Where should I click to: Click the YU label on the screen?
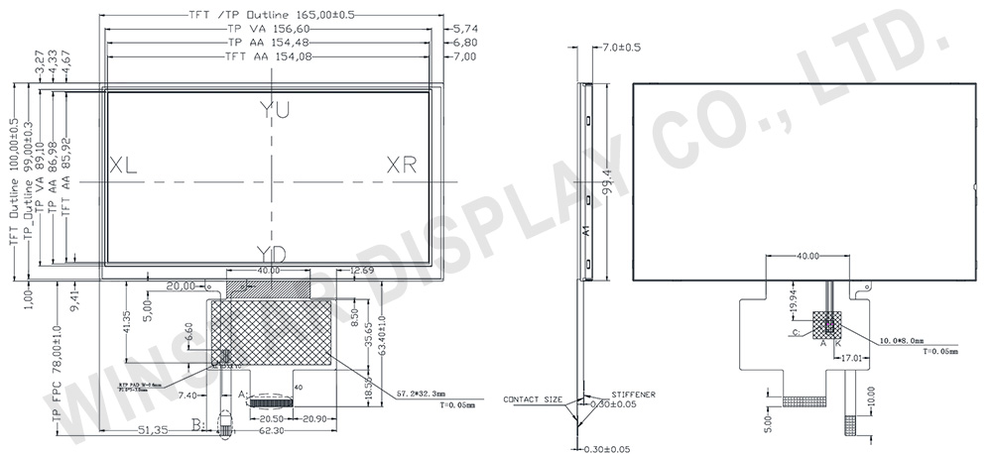pos(274,110)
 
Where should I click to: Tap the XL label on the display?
pos(123,165)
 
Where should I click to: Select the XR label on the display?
pos(402,165)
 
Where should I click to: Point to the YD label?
pos(271,255)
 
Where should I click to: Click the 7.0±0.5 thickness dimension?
pos(622,47)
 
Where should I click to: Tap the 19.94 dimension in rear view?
pos(792,298)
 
